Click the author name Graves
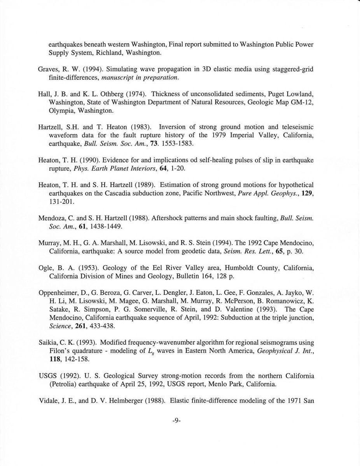point(48,69)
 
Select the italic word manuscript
point(117,78)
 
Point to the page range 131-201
point(61,202)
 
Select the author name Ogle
point(46,268)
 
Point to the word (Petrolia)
point(65,385)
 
